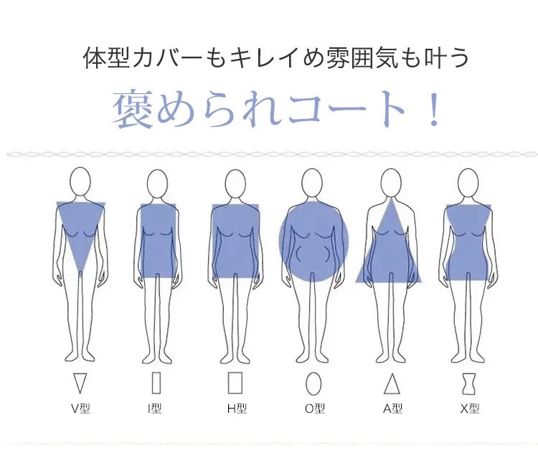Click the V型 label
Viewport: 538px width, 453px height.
click(x=80, y=409)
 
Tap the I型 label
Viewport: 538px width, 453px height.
click(x=154, y=409)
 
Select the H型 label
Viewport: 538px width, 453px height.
click(x=236, y=409)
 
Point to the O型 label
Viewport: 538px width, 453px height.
click(x=314, y=409)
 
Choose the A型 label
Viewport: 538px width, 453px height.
click(x=392, y=409)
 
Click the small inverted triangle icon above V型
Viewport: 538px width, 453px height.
click(x=80, y=383)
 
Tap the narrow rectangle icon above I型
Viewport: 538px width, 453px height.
click(x=156, y=383)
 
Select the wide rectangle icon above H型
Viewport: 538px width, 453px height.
click(x=235, y=383)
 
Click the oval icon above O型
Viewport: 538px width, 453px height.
click(x=313, y=383)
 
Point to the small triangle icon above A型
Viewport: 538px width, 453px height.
click(x=392, y=383)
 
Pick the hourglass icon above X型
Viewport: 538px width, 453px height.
click(x=468, y=383)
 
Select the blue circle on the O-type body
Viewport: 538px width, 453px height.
click(x=313, y=242)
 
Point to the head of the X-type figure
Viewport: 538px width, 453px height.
click(x=468, y=183)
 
